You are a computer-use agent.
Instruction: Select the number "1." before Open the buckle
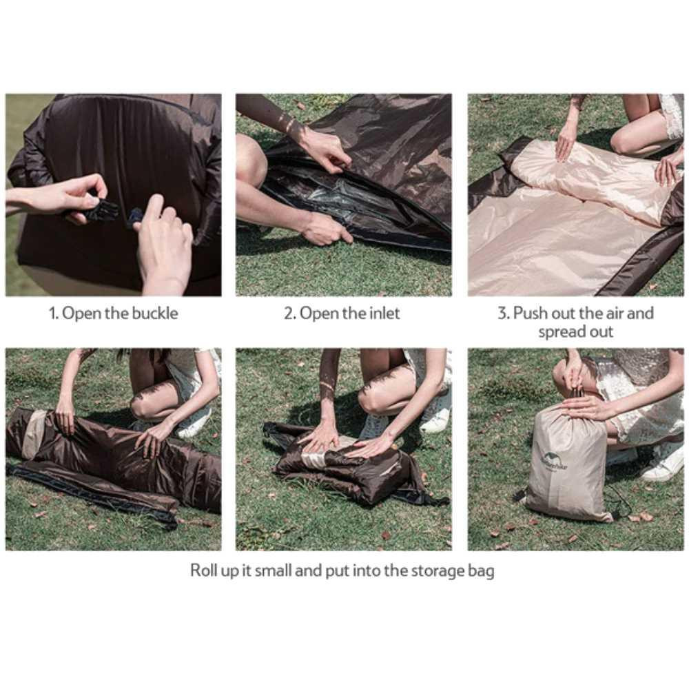[54, 313]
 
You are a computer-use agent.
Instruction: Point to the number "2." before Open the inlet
[289, 313]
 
